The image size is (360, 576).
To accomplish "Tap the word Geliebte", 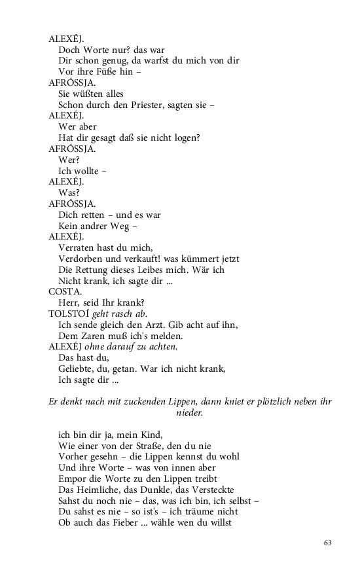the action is [77, 369].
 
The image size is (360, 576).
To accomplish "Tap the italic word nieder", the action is [189, 413].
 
